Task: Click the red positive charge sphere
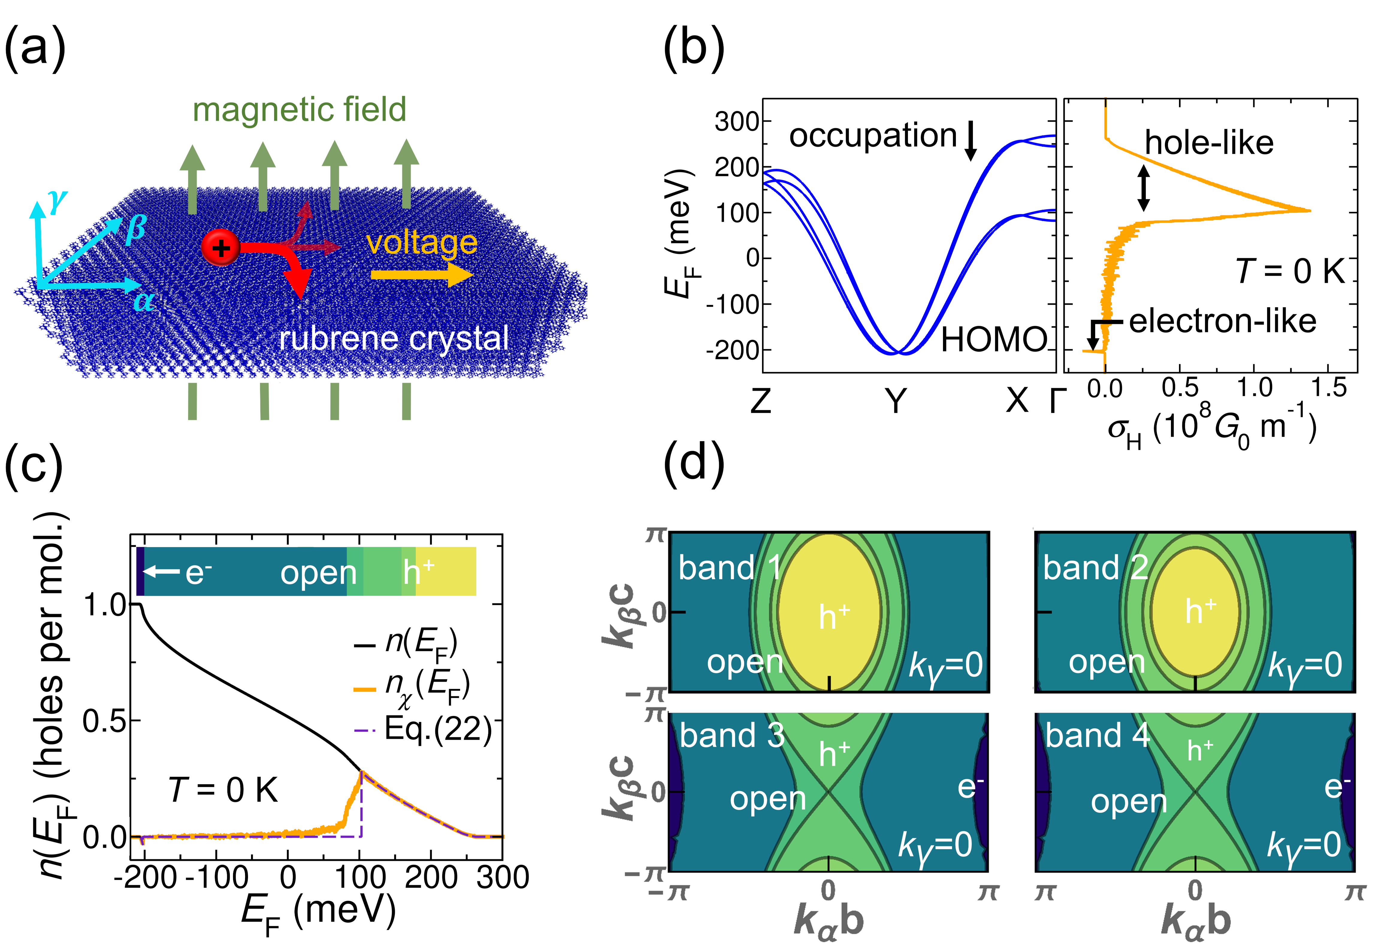220,248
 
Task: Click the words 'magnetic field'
299,110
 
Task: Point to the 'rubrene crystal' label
394,338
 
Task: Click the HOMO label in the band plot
993,340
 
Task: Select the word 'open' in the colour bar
318,573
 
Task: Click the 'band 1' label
729,568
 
